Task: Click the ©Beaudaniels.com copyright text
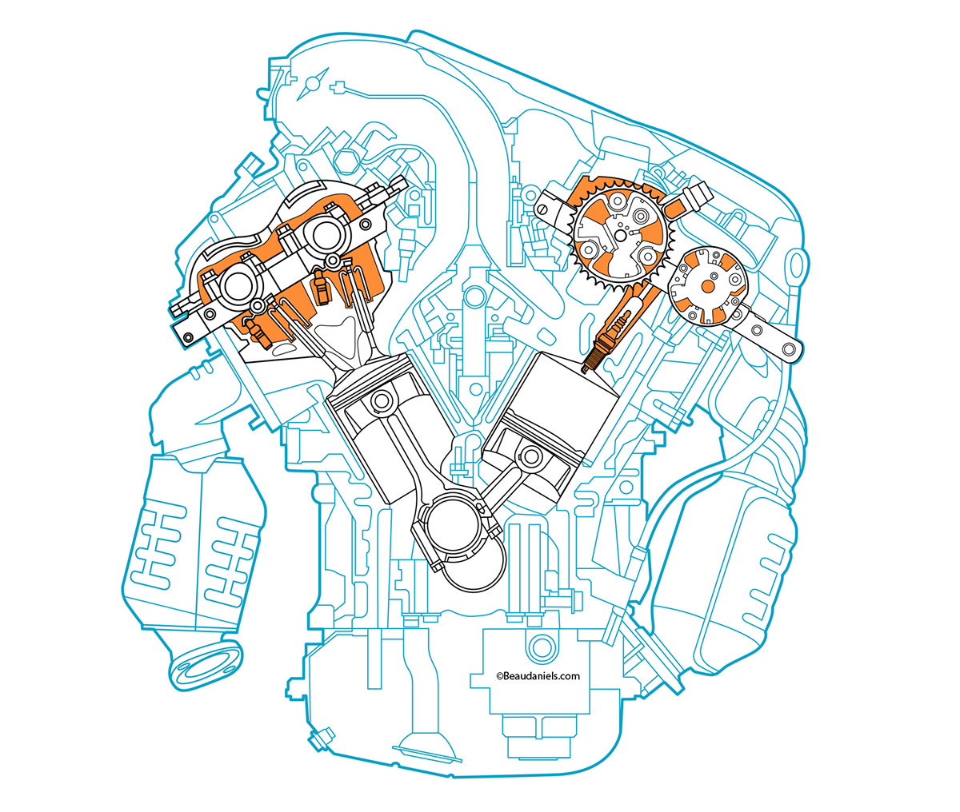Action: [x=538, y=675]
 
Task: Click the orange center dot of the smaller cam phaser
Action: [x=708, y=285]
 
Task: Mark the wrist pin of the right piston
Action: [x=530, y=458]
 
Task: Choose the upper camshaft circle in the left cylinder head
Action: [x=328, y=235]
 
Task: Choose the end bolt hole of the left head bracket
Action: [x=188, y=336]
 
